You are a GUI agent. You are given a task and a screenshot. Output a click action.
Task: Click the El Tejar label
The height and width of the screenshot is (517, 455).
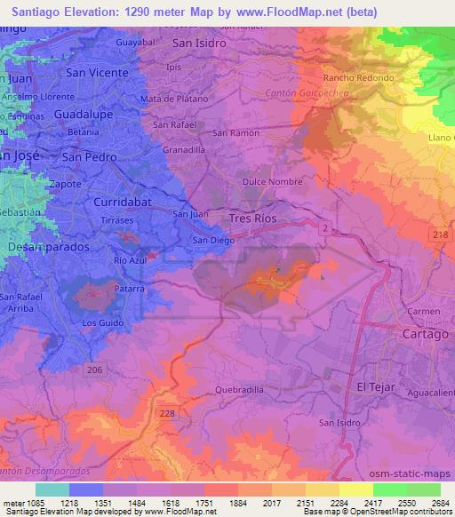tap(373, 386)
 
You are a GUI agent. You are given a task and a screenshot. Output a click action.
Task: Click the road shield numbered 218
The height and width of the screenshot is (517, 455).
tap(439, 233)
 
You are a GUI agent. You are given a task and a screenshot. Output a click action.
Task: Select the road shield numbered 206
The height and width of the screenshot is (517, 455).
tap(97, 367)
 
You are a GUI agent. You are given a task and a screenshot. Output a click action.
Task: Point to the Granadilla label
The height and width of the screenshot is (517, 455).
tap(184, 151)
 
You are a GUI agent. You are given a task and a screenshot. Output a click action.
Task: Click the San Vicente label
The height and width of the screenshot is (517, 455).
tap(98, 72)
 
